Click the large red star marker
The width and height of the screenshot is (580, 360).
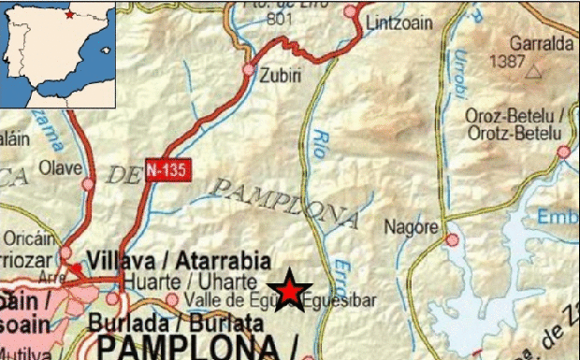point(291,291)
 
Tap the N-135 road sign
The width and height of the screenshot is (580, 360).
point(168,170)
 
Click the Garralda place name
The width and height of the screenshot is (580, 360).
point(542,43)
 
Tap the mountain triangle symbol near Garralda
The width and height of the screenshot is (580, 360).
point(534,70)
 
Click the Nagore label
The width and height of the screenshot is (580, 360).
point(411,226)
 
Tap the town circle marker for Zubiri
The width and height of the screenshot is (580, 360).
point(249,69)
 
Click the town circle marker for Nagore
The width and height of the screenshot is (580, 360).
point(452,240)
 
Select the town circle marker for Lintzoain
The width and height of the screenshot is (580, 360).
point(351,11)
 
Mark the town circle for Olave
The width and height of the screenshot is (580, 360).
point(88,184)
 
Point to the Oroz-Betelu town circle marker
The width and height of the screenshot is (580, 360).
point(563,151)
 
